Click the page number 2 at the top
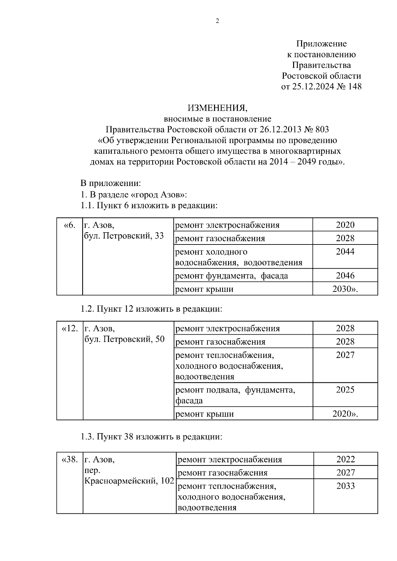[x=217, y=21]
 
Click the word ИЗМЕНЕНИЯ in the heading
[x=217, y=108]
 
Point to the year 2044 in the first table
[x=345, y=252]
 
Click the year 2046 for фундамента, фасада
[x=345, y=276]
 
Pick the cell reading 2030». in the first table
[x=345, y=289]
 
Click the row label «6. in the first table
[x=69, y=225]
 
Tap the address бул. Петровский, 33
[x=124, y=236]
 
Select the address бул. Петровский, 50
[x=124, y=339]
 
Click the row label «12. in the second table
[x=70, y=329]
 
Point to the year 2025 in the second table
[x=345, y=390]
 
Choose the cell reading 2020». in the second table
[x=345, y=414]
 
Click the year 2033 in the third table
[x=345, y=486]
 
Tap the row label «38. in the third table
[x=70, y=460]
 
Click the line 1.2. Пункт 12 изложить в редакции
[x=151, y=309]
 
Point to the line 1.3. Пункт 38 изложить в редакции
[x=151, y=437]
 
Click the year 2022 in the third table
[x=345, y=460]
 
